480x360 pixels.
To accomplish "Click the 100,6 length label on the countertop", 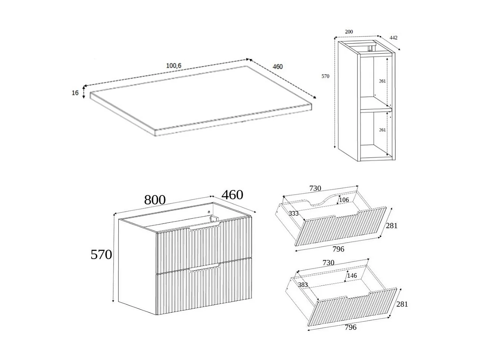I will [173, 66].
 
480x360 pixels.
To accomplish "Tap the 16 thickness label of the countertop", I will [75, 93].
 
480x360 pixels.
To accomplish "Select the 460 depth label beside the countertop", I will [277, 67].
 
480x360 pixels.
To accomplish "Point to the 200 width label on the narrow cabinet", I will [349, 32].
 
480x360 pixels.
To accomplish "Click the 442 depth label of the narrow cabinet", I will [393, 38].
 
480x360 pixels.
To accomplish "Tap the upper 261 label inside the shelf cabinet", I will [382, 81].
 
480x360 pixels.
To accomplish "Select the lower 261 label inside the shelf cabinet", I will [382, 130].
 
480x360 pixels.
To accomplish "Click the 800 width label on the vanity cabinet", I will [155, 200].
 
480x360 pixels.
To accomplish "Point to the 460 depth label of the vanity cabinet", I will [232, 195].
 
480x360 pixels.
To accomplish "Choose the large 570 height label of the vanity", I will [101, 255].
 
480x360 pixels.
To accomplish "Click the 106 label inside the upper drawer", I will [344, 200].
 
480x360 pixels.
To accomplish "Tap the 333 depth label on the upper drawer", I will [293, 214].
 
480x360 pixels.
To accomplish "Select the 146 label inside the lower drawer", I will [352, 276].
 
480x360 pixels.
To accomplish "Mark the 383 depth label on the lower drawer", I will [303, 285].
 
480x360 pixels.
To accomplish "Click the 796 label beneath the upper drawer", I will [338, 249].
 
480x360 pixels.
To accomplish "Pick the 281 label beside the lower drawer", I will [402, 304].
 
